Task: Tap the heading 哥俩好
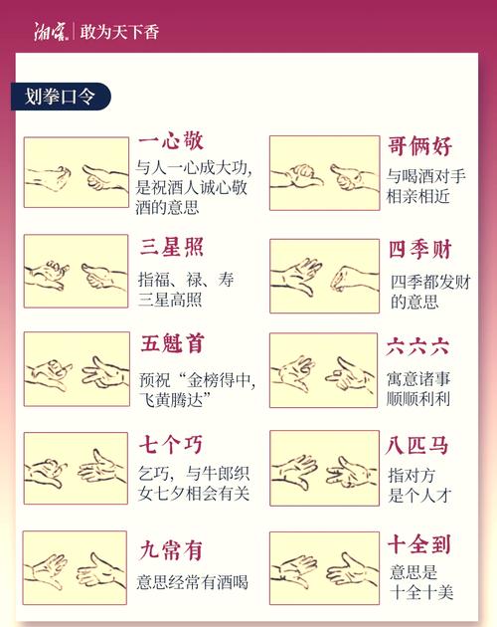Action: click(420, 147)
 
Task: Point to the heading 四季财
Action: click(420, 250)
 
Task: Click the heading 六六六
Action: click(419, 347)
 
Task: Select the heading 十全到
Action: click(420, 543)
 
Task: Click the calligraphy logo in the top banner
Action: click(51, 32)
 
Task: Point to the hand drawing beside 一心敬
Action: click(77, 172)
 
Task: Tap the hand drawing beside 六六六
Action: click(324, 370)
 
